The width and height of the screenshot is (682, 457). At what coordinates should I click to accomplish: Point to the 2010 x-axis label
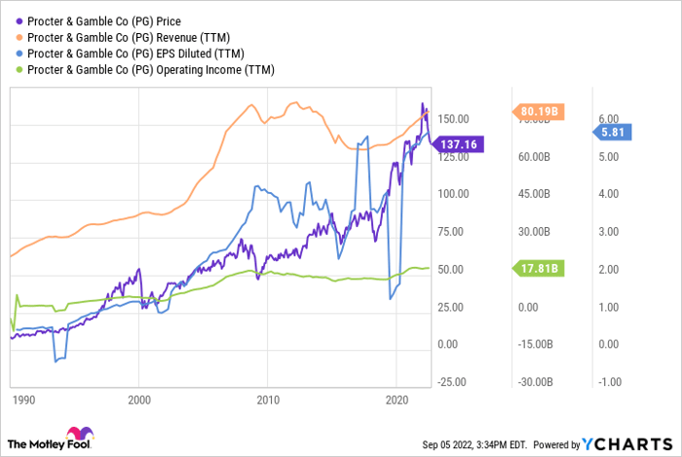[x=268, y=400]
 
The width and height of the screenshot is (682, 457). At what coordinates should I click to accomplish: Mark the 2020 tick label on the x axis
[x=397, y=400]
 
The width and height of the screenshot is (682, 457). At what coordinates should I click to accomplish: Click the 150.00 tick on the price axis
[x=453, y=118]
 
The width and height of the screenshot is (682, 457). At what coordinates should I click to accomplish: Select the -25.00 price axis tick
[x=451, y=383]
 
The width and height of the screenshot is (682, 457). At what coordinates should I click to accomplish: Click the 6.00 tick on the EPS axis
[x=612, y=118]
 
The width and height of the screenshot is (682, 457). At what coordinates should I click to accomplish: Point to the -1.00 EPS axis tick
[x=612, y=383]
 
